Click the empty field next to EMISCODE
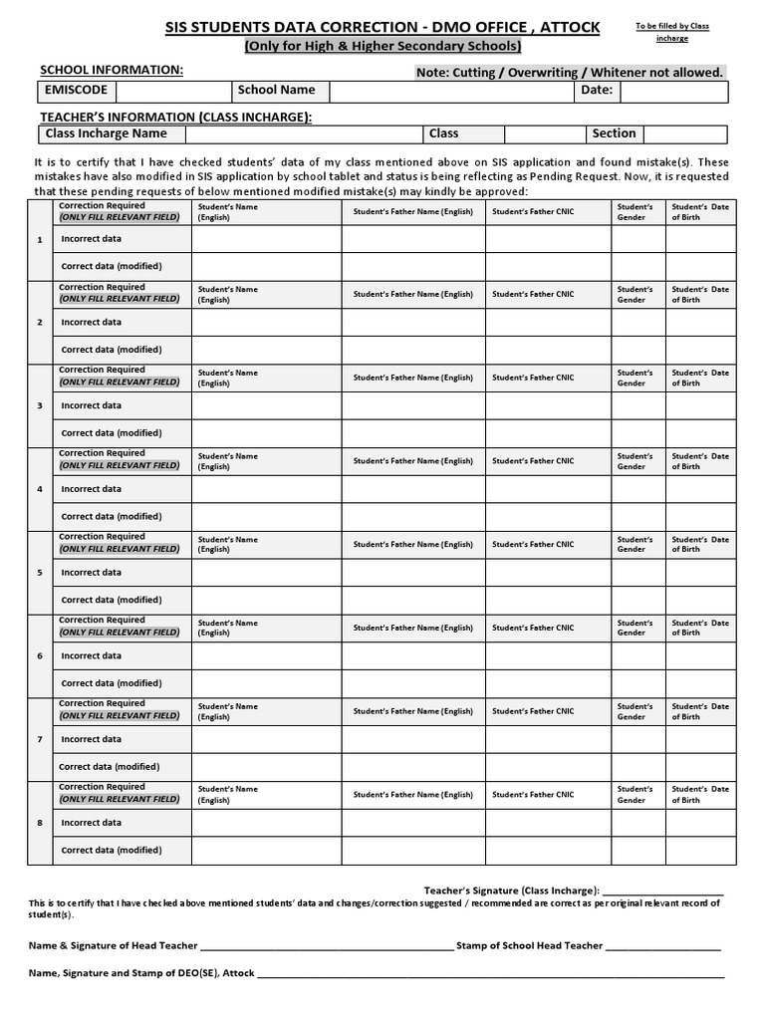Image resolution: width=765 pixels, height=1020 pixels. pos(172,91)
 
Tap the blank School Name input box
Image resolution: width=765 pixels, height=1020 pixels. pos(451,91)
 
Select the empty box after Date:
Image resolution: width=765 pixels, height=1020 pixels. pos(674,91)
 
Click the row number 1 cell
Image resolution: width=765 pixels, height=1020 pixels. pos(40,239)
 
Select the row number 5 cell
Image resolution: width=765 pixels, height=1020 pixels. pos(40,573)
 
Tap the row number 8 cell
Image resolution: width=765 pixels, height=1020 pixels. pos(40,823)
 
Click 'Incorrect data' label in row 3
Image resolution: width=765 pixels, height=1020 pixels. pos(92,405)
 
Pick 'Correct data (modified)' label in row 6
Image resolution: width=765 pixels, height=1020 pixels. pos(111,683)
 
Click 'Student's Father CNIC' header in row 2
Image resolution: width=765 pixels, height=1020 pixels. pos(533,295)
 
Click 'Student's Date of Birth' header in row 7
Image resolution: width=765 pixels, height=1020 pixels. pos(700,711)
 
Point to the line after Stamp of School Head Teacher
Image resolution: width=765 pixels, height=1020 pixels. pos(662,946)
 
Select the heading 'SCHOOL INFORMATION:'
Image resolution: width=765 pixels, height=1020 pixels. pos(111,70)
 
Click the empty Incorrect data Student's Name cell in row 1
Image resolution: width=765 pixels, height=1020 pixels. pos(266,239)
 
